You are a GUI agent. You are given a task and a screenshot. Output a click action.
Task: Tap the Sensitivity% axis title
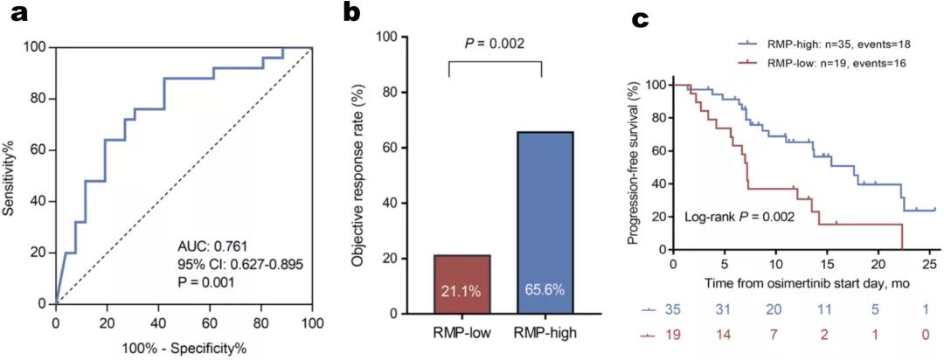point(12,175)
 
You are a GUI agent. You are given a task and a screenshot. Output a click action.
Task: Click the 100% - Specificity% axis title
point(184,349)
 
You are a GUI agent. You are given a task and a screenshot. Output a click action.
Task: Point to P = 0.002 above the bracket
point(496,41)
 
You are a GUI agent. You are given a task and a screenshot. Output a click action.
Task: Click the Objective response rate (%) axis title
point(359,175)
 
